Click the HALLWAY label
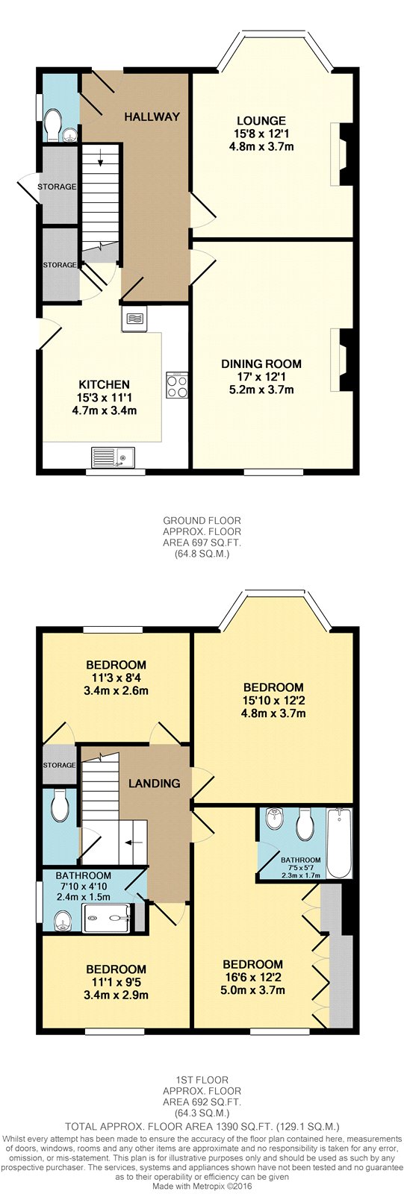152,116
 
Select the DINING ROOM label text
261,364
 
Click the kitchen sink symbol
114,457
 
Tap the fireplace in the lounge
341,154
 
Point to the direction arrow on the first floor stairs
133,843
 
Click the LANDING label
155,783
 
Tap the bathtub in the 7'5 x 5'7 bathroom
338,843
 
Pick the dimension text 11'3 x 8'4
116,678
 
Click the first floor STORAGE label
59,765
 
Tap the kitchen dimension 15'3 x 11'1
104,398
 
